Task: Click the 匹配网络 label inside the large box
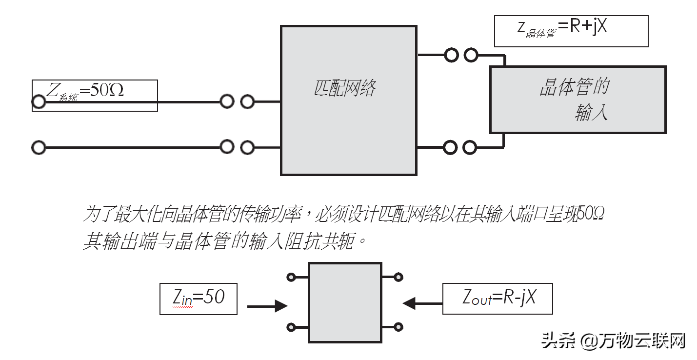tap(344, 89)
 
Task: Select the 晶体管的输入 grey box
tap(578, 100)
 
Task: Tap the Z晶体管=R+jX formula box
tap(571, 31)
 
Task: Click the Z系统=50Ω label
tap(85, 91)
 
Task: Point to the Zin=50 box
tap(199, 298)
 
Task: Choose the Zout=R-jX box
tap(498, 298)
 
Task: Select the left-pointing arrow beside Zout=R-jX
tap(422, 303)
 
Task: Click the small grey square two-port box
tap(345, 302)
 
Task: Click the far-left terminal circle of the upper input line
tap(39, 102)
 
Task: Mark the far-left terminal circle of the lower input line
tap(39, 147)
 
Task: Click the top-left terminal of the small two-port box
tap(291, 278)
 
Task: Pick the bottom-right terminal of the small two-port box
tap(399, 327)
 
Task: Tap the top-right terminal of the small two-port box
tap(399, 278)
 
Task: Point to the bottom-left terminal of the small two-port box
tap(291, 327)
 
